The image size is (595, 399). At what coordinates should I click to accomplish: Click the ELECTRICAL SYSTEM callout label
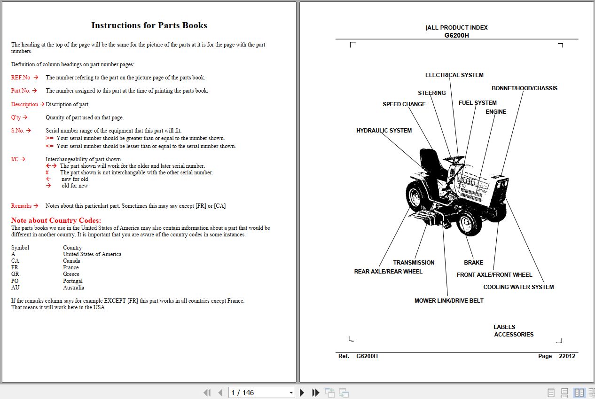point(454,75)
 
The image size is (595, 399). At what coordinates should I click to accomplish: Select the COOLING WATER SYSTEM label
point(518,287)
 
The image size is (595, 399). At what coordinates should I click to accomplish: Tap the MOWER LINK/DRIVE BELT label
point(449,301)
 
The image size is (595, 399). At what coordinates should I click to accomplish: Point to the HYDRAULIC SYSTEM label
point(384,131)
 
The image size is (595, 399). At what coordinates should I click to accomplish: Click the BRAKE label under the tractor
point(473,263)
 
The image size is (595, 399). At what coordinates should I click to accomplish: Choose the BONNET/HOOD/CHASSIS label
point(524,88)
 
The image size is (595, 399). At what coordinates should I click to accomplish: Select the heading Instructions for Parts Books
point(149,25)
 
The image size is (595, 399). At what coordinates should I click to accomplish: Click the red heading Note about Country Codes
point(56,220)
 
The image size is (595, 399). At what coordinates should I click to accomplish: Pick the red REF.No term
point(21,78)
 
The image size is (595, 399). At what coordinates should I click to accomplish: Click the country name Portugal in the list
point(73,281)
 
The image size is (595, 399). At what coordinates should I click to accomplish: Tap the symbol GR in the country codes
point(15,274)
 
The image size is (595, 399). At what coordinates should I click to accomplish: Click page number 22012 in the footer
point(567,356)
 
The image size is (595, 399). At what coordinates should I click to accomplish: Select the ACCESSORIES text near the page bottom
point(514,335)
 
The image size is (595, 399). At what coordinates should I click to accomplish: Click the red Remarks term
point(21,206)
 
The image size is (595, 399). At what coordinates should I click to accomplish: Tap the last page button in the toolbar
point(316,393)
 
